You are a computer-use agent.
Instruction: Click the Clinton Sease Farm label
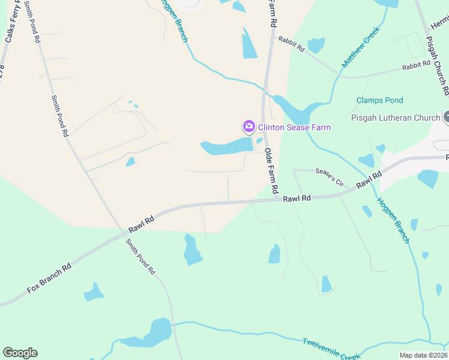coord(294,127)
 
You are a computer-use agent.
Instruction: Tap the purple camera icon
coord(249,127)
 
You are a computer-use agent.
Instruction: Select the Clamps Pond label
coord(379,100)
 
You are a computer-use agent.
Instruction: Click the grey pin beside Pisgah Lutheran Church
coord(446,118)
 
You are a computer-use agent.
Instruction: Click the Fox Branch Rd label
coord(49,278)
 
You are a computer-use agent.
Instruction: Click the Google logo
coord(20,353)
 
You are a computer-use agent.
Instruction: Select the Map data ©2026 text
coord(423,355)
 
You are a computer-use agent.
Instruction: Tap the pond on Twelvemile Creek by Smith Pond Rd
coord(151,335)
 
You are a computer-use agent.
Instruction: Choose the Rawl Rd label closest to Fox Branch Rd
coord(142,224)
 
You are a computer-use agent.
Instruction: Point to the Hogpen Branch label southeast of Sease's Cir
coord(394,220)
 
